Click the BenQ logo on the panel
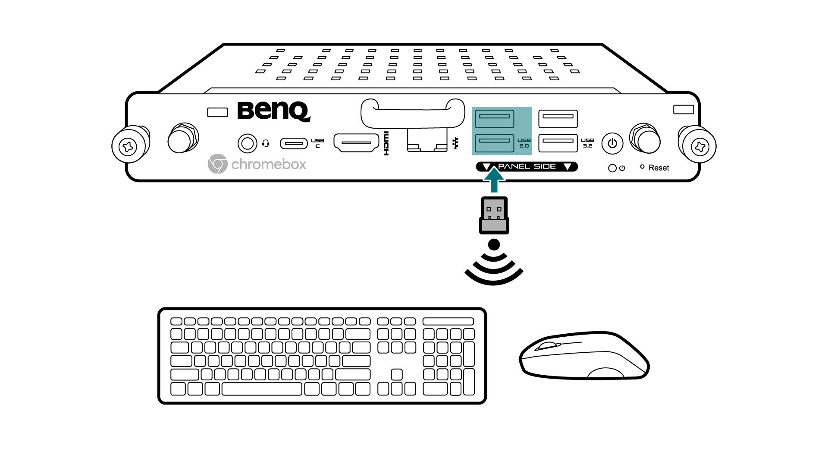pyautogui.click(x=273, y=111)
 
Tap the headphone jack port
pyautogui.click(x=247, y=143)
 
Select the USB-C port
pyautogui.click(x=294, y=143)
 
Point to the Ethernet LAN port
pyautogui.click(x=427, y=142)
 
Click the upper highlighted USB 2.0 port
pyautogui.click(x=494, y=119)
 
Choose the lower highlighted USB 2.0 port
pyautogui.click(x=494, y=143)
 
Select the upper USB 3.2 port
pyautogui.click(x=558, y=119)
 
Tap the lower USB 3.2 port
pyautogui.click(x=558, y=143)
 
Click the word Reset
pyautogui.click(x=659, y=168)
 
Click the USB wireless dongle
pyautogui.click(x=494, y=215)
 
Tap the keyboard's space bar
pyautogui.click(x=261, y=389)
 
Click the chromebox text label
pyautogui.click(x=269, y=164)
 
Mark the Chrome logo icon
pyautogui.click(x=217, y=164)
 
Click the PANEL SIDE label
pyautogui.click(x=527, y=167)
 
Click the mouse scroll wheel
pyautogui.click(x=548, y=345)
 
